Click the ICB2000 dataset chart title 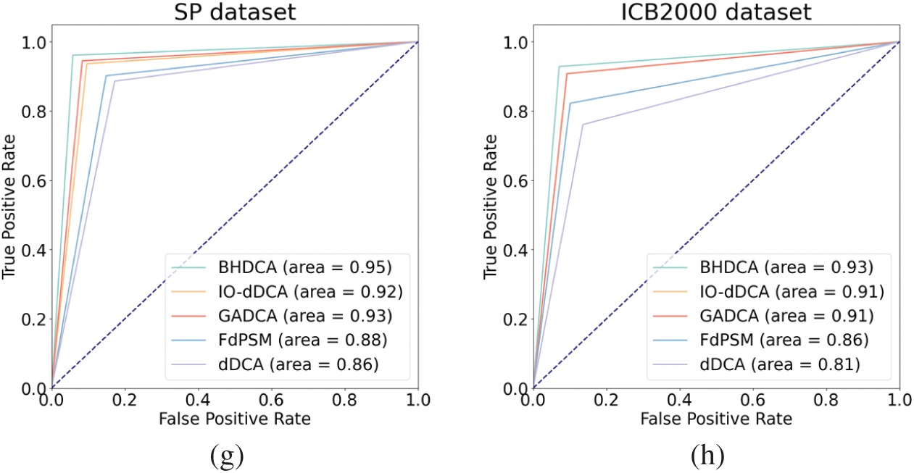(716, 14)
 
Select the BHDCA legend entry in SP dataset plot (283, 268)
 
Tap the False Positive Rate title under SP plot (235, 419)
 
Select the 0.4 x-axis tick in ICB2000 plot (680, 399)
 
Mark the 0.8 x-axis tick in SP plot (345, 399)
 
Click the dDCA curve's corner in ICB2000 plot (582, 125)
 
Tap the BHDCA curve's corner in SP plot (73, 55)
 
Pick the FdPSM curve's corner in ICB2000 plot (570, 103)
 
